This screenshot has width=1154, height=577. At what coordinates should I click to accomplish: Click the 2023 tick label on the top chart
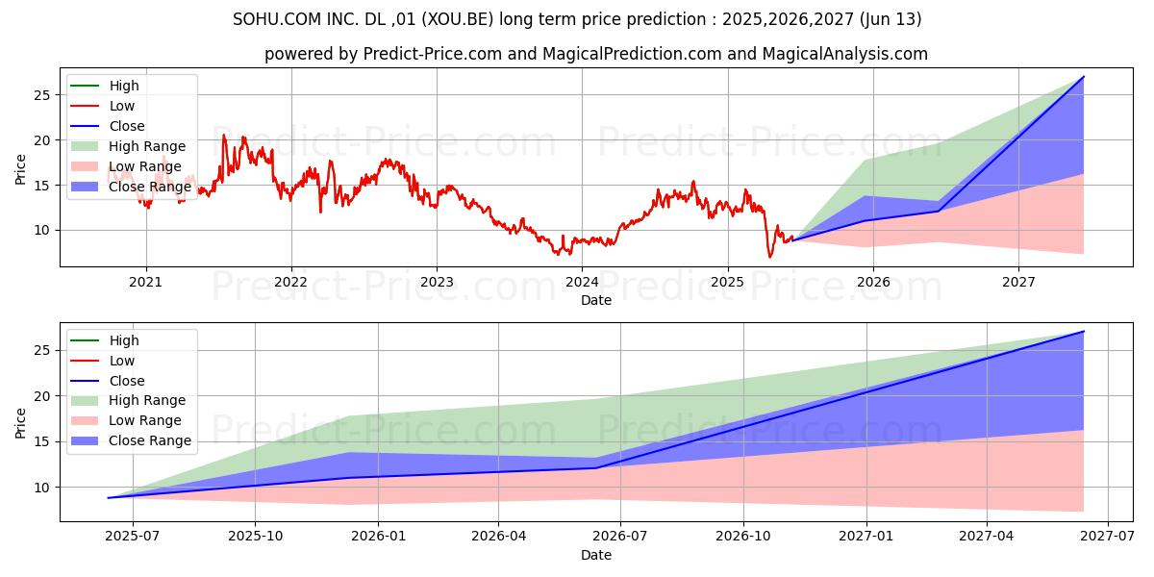437,282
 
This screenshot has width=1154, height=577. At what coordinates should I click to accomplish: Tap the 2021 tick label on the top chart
146,282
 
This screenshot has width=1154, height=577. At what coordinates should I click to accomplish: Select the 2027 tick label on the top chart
1018,282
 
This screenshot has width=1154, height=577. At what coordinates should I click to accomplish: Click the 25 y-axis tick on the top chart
41,95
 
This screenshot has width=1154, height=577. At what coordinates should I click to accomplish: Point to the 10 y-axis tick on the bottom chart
41,488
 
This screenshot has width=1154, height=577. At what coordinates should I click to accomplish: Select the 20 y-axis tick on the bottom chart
41,396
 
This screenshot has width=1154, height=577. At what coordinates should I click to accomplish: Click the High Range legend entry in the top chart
147,146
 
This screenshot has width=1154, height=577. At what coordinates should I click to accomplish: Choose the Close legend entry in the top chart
127,126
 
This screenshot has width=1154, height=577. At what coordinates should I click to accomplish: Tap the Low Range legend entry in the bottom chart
145,420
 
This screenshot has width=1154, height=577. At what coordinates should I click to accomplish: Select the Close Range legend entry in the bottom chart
150,440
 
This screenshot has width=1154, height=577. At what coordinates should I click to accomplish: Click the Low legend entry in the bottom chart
122,361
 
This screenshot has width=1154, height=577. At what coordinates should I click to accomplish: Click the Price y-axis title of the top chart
20,169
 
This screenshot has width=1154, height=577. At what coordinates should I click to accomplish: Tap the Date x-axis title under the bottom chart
596,555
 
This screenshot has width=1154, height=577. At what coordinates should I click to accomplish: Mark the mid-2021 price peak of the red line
224,135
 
